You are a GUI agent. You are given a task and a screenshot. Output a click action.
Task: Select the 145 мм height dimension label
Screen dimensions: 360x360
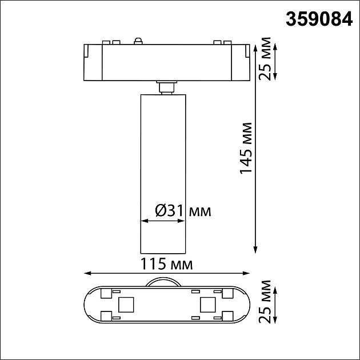click(246, 148)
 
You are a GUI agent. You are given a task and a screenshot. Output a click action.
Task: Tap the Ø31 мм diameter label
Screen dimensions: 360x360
click(182, 211)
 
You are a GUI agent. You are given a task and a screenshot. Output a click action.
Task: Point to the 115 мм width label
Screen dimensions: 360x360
click(166, 265)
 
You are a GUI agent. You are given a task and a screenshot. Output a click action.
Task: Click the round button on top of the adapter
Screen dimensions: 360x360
click(137, 40)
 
